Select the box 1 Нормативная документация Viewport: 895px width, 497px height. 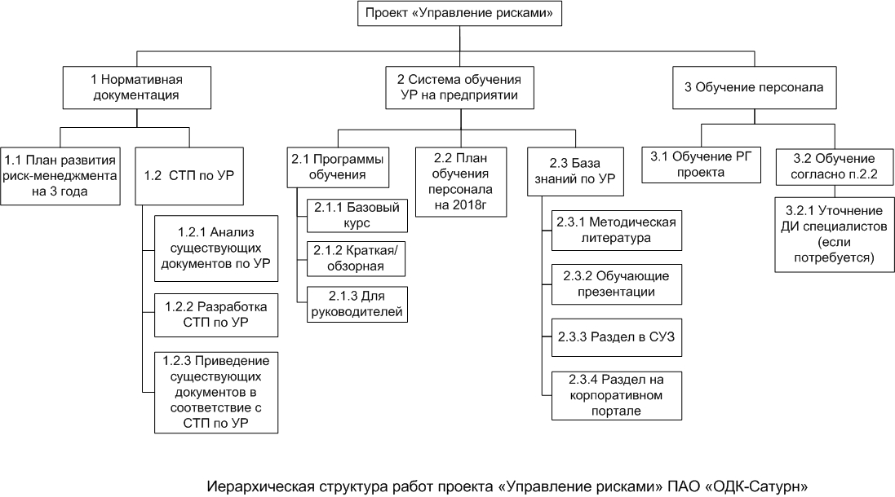(x=135, y=87)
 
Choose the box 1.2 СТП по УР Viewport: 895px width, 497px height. (x=188, y=174)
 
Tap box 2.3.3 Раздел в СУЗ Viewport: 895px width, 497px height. (x=614, y=336)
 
